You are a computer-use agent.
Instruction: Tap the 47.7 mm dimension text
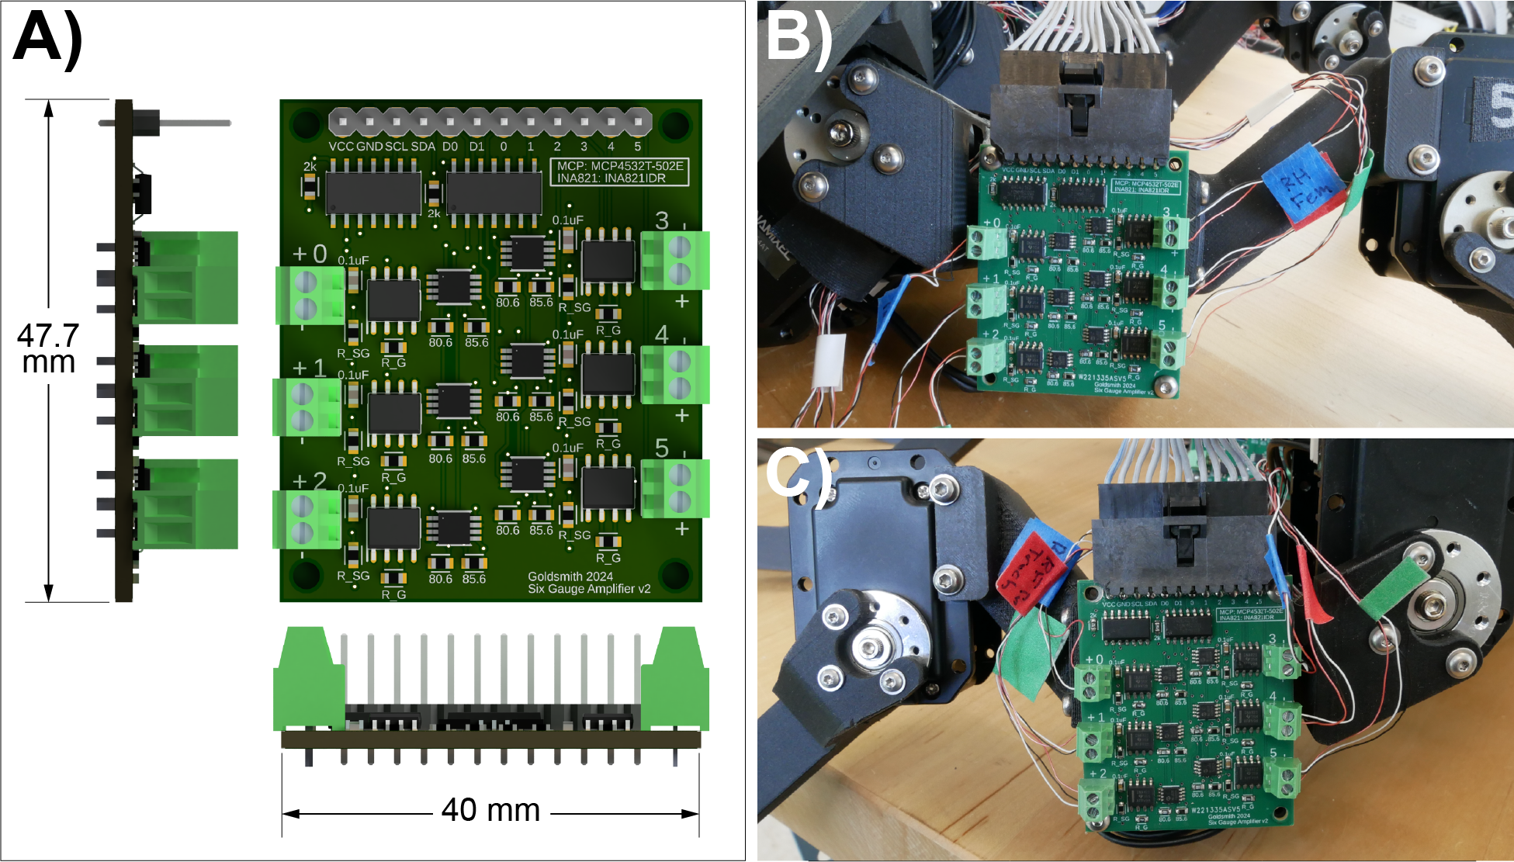(x=48, y=348)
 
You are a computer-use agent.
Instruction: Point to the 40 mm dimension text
(x=490, y=810)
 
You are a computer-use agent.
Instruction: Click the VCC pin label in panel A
(x=341, y=146)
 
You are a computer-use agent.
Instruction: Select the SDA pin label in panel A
(x=423, y=146)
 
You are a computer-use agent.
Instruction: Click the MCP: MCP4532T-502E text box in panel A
(x=620, y=171)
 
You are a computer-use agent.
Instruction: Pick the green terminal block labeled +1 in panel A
(x=307, y=407)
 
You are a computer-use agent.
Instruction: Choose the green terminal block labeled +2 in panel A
(x=307, y=520)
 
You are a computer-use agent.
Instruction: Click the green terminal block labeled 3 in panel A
(x=675, y=260)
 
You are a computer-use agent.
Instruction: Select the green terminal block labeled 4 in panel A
(x=675, y=374)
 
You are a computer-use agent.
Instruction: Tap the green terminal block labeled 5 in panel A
(x=675, y=488)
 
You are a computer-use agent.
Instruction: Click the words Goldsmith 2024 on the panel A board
(x=570, y=576)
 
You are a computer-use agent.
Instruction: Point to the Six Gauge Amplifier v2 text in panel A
(x=589, y=589)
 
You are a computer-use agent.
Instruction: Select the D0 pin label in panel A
(x=450, y=146)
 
